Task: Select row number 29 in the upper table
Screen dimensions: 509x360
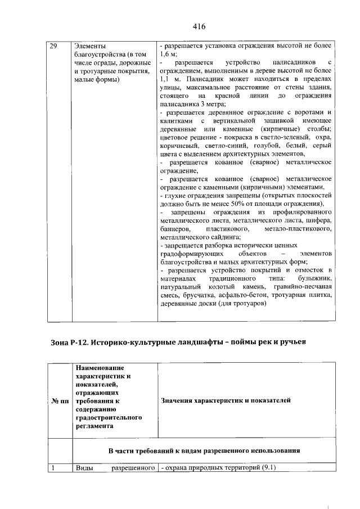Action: click(54, 46)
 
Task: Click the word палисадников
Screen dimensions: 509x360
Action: click(292, 62)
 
